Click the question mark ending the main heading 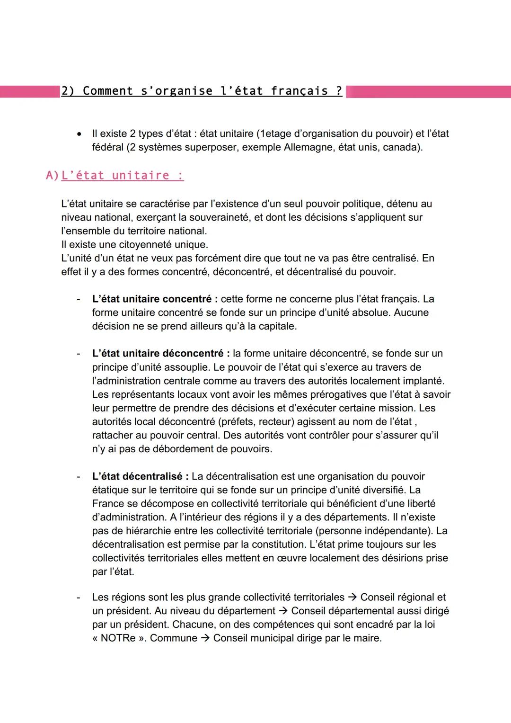pos(339,91)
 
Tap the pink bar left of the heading pos(28,91)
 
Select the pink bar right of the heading pos(428,91)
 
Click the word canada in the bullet pos(401,147)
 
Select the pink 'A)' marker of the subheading pos(52,176)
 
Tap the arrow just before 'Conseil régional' pos(352,598)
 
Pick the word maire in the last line pos(367,638)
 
